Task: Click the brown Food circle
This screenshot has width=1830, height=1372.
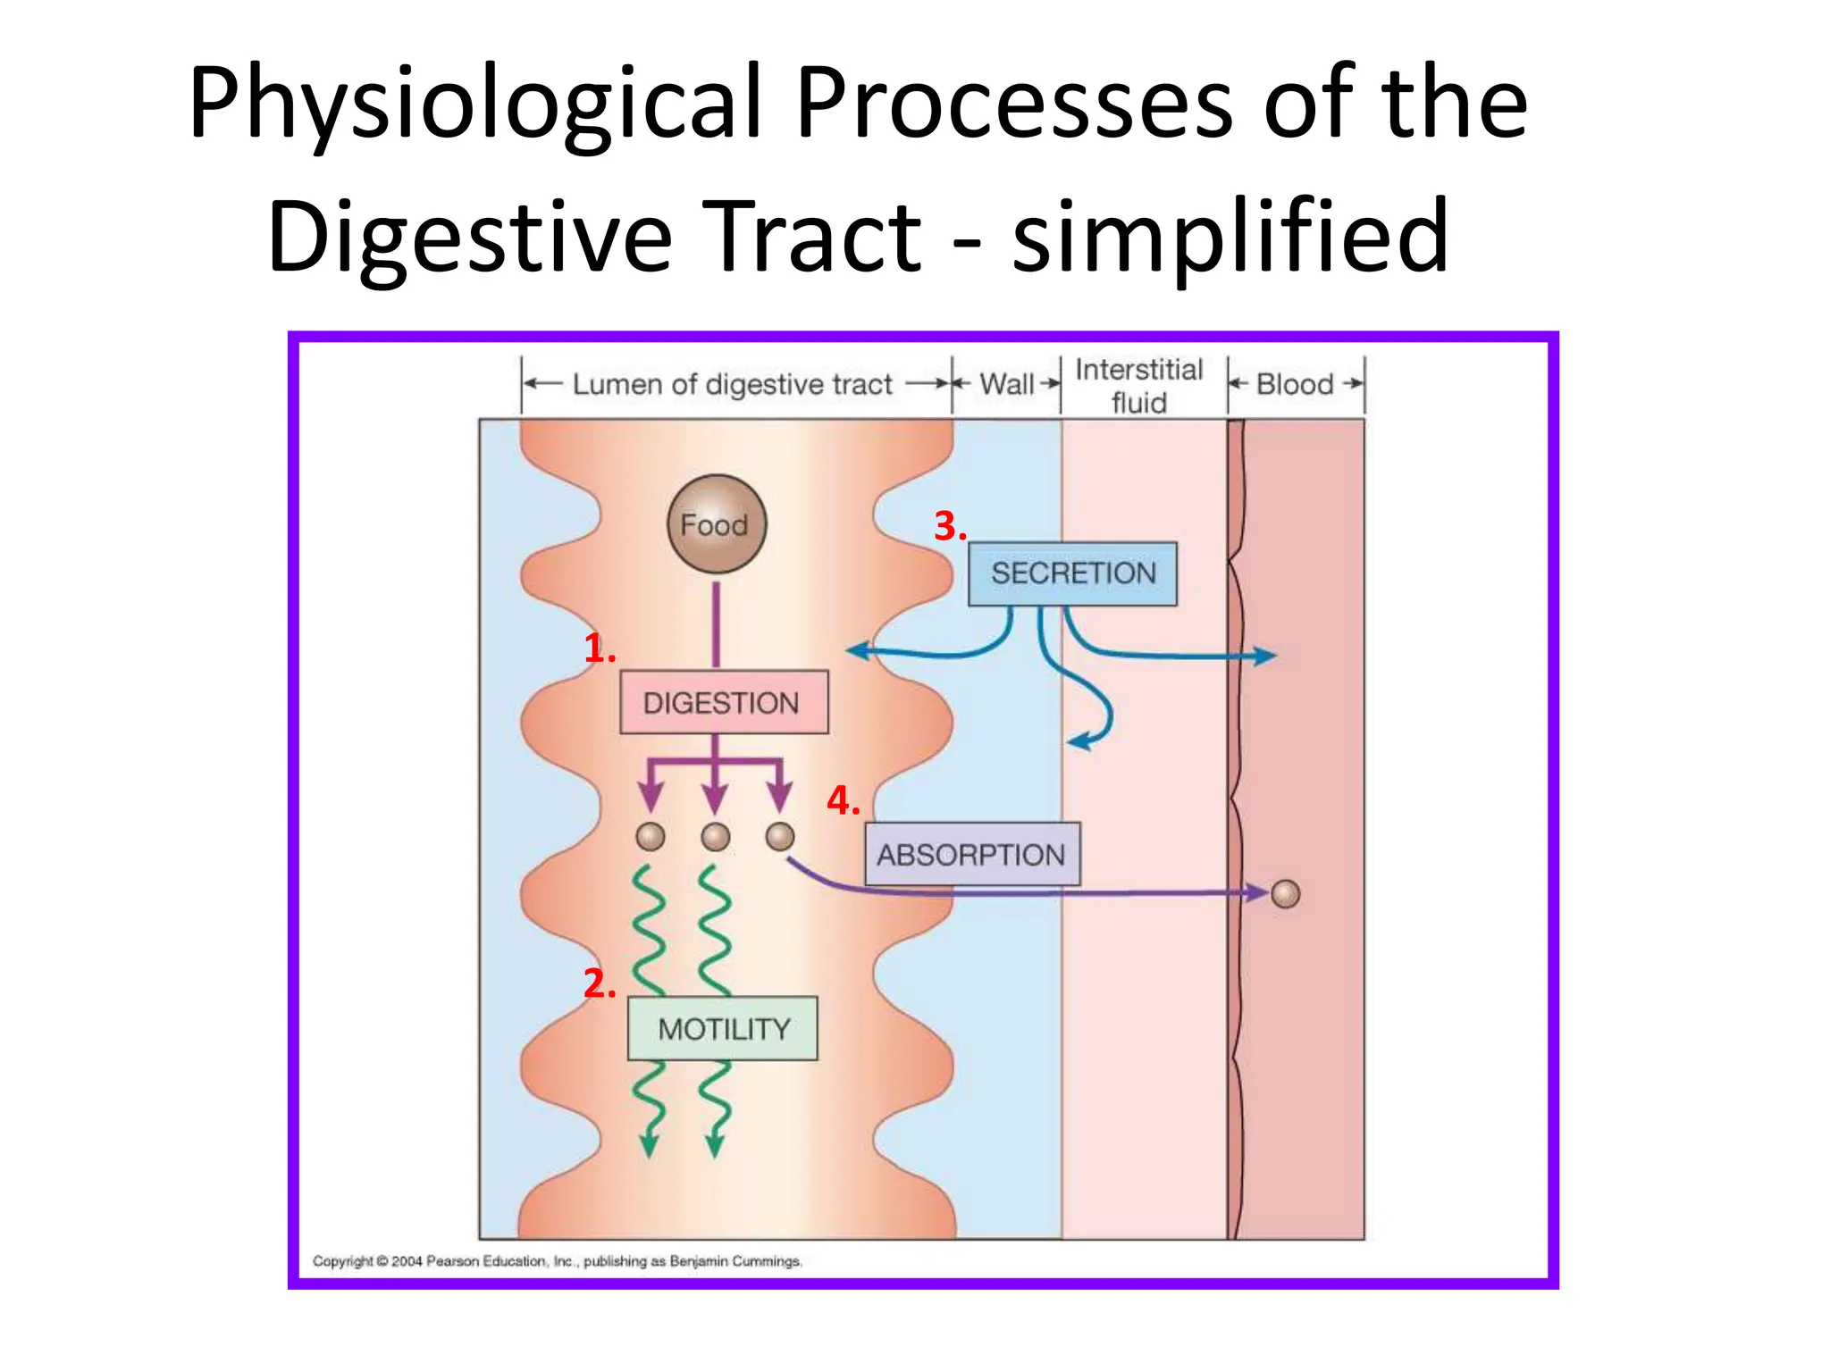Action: (x=716, y=524)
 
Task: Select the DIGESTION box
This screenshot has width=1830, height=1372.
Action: (x=723, y=703)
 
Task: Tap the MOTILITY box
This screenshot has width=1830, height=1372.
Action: (x=723, y=1029)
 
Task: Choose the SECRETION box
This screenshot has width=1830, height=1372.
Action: (x=1072, y=573)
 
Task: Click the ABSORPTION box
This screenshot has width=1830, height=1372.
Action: (x=971, y=855)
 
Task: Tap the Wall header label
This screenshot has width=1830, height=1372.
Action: (x=1006, y=384)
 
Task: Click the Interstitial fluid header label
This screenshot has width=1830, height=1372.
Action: (x=1138, y=386)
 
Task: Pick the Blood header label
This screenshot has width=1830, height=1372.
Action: (x=1295, y=384)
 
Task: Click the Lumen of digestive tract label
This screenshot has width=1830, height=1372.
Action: (x=732, y=384)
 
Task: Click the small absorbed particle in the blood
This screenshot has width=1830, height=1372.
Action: (x=1285, y=893)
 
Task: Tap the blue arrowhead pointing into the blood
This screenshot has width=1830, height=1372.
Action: (x=1266, y=657)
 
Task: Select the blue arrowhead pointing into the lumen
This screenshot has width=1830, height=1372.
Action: (x=856, y=651)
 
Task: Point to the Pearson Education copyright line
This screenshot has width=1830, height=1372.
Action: (x=557, y=1261)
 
